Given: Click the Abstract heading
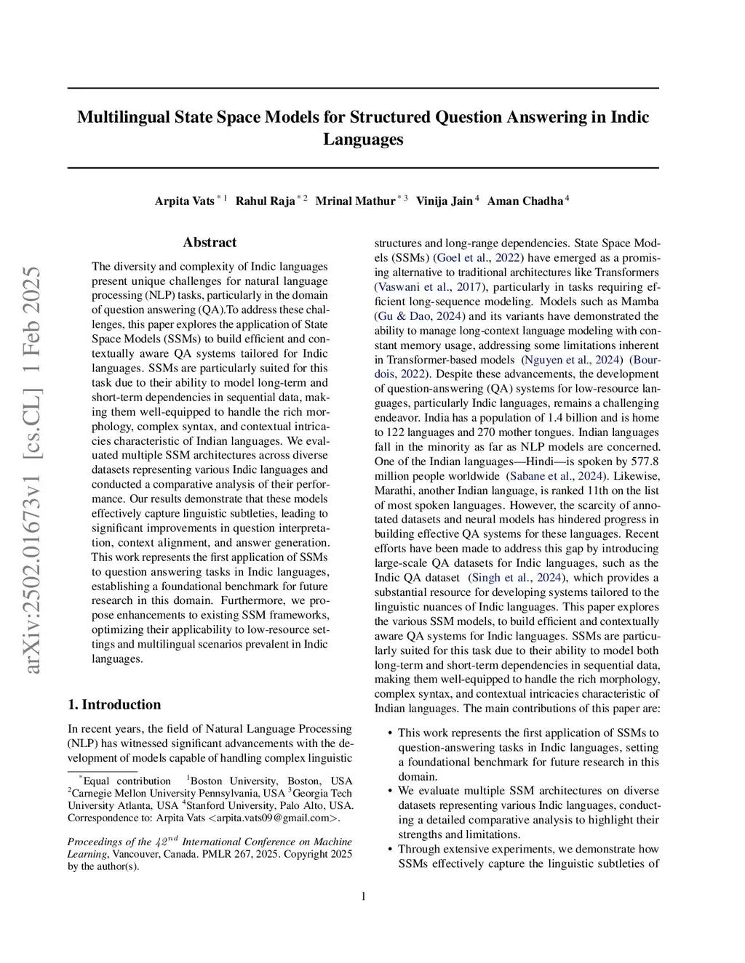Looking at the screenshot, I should tap(210, 243).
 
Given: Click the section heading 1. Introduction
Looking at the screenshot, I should tap(114, 704).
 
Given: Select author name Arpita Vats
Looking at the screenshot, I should tap(184, 201).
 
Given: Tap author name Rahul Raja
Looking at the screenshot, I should tap(265, 201).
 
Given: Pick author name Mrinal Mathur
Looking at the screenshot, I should tap(355, 201).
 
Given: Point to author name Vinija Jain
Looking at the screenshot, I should tap(444, 201).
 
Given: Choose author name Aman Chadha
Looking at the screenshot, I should tap(525, 201).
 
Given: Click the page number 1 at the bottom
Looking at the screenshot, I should tap(363, 896).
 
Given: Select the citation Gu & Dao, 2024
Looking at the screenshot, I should tap(421, 316).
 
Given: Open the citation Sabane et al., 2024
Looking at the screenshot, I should tap(556, 476).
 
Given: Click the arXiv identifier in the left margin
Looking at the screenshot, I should tap(33, 470).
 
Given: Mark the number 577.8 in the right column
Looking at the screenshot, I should tap(645, 462).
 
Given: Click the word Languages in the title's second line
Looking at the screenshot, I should tap(363, 140).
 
